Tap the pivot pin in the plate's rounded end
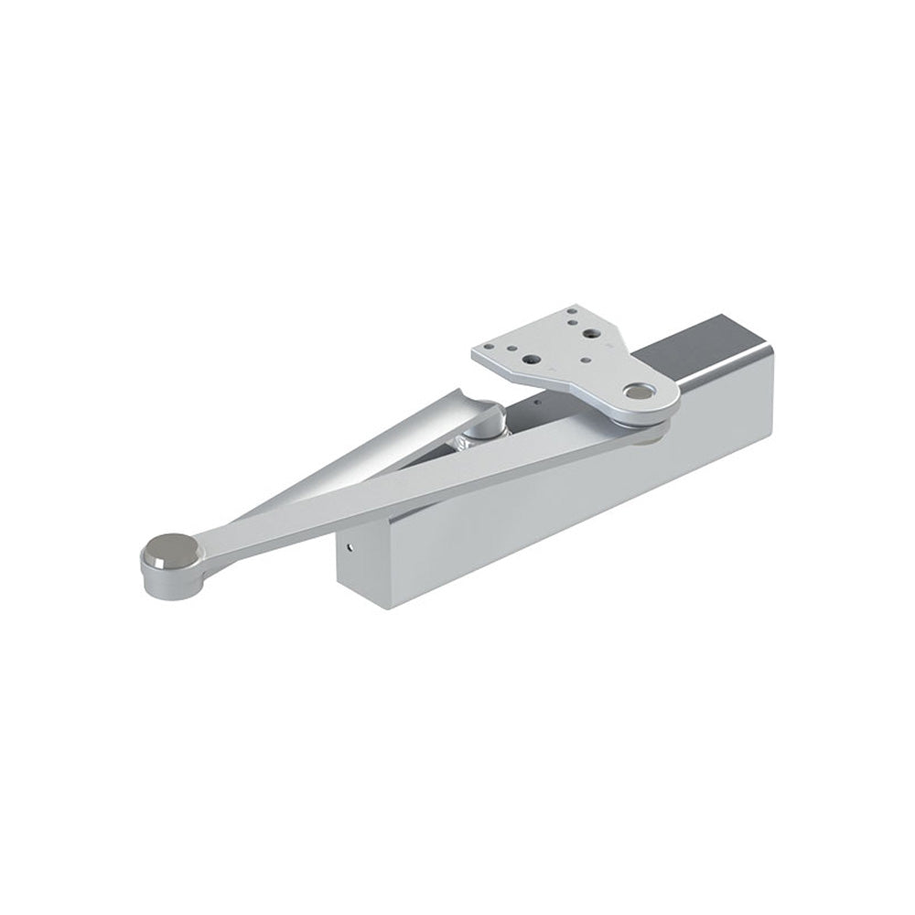(634, 393)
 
